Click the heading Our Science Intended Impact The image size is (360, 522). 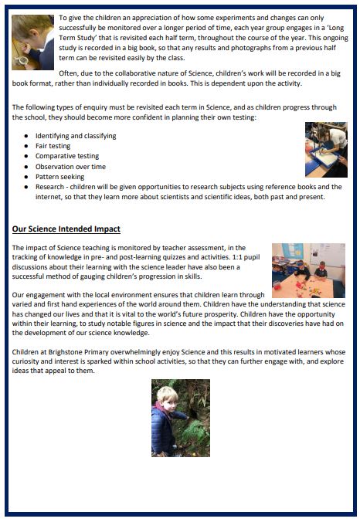pyautogui.click(x=66, y=229)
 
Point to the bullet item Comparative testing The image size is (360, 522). pyautogui.click(x=67, y=156)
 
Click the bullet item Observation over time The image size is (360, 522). pyautogui.click(x=70, y=167)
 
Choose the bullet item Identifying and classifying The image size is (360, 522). pyautogui.click(x=76, y=136)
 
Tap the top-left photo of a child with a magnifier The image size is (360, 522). pyautogui.click(x=32, y=42)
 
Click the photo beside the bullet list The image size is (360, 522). pyautogui.click(x=325, y=150)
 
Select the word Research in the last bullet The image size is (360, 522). pyautogui.click(x=52, y=187)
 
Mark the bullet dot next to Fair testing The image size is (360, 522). pyautogui.click(x=27, y=146)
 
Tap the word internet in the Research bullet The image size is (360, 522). pyautogui.click(x=28, y=197)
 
